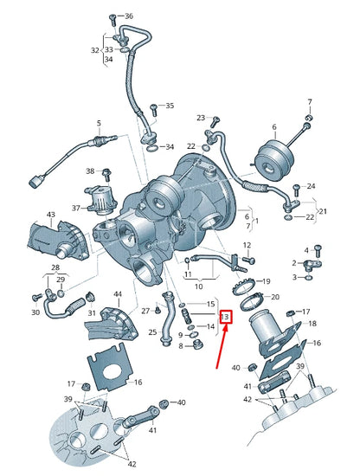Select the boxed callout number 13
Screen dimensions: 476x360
coord(226,317)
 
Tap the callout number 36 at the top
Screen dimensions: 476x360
coord(129,16)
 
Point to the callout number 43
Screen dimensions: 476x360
coord(51,214)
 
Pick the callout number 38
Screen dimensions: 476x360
coord(90,171)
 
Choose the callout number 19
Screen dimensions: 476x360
coord(266,281)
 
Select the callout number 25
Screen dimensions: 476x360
coord(152,331)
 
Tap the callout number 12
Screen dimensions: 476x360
coord(247,246)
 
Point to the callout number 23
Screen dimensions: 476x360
coord(201,118)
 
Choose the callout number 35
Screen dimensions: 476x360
coord(169,106)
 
